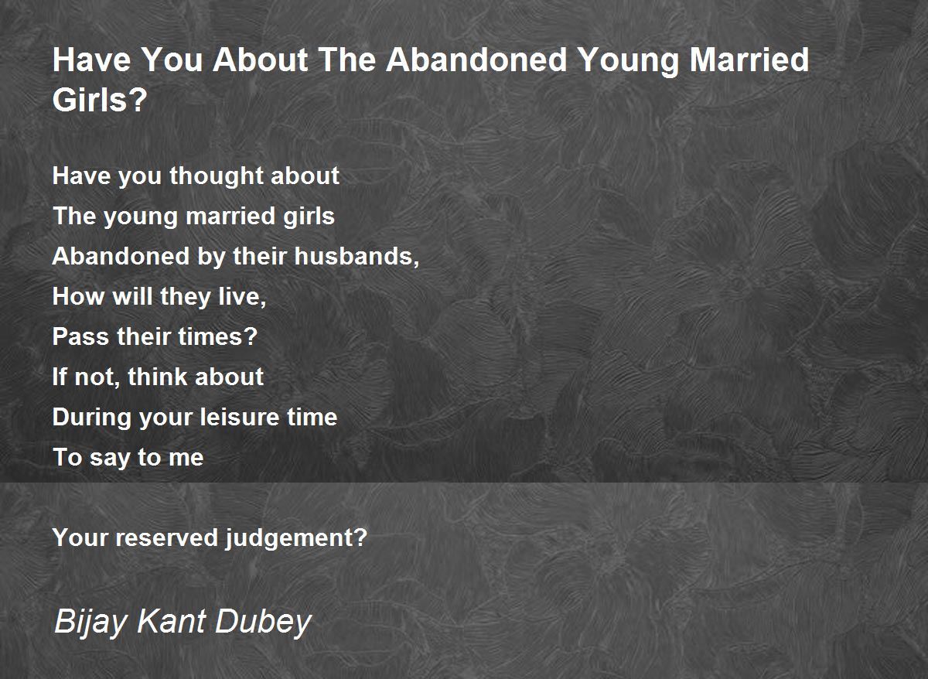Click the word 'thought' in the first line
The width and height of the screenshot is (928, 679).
[x=217, y=176]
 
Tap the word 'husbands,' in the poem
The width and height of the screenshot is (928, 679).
[x=357, y=256]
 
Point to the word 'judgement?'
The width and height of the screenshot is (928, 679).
[x=296, y=538]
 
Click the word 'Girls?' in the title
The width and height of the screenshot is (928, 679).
[x=100, y=100]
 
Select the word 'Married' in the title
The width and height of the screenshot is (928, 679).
[x=749, y=60]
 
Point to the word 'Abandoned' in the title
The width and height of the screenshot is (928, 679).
[x=476, y=60]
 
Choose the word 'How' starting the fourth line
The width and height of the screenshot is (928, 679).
[x=78, y=297]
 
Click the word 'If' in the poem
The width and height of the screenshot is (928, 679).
[x=60, y=377]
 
